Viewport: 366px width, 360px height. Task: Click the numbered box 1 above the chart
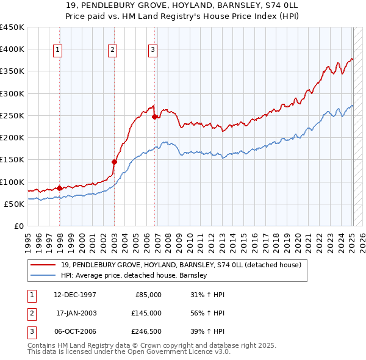tap(58, 51)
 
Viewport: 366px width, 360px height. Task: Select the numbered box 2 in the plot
tap(113, 51)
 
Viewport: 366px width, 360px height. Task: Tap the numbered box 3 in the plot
tap(152, 51)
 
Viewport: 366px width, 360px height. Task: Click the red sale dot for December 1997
tap(59, 188)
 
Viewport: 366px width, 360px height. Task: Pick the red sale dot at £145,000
tap(114, 162)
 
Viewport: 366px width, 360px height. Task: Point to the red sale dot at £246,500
tap(154, 117)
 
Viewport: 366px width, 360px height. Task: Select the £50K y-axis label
tap(15, 204)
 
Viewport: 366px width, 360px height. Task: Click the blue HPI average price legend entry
tap(134, 275)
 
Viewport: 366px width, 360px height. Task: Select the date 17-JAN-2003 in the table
tap(76, 312)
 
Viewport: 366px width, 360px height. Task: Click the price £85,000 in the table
tap(148, 295)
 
